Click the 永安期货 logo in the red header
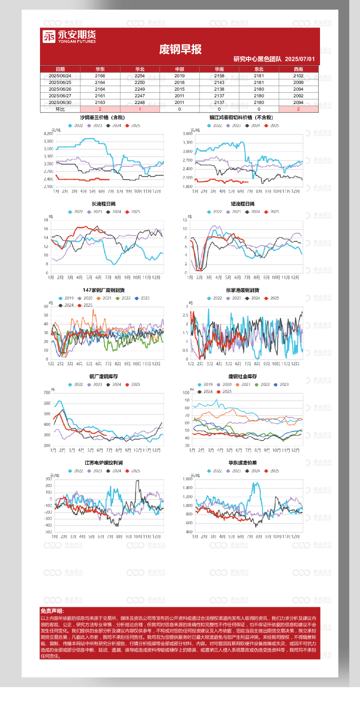(x=69, y=36)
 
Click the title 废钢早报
(x=180, y=49)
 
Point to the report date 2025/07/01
(x=300, y=59)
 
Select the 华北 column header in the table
(x=140, y=69)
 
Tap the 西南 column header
(x=298, y=69)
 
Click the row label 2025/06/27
(x=60, y=96)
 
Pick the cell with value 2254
(x=140, y=76)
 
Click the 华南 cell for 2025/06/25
(x=219, y=83)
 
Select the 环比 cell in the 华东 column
(x=100, y=109)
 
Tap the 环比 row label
(x=60, y=109)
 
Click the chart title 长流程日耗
(x=104, y=204)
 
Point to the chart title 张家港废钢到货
(x=243, y=290)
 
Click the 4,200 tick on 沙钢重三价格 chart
(x=48, y=134)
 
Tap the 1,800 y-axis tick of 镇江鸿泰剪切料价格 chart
(x=188, y=187)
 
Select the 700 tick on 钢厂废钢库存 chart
(x=47, y=393)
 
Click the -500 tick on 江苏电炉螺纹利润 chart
(x=48, y=532)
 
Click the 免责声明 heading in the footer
(x=52, y=612)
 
